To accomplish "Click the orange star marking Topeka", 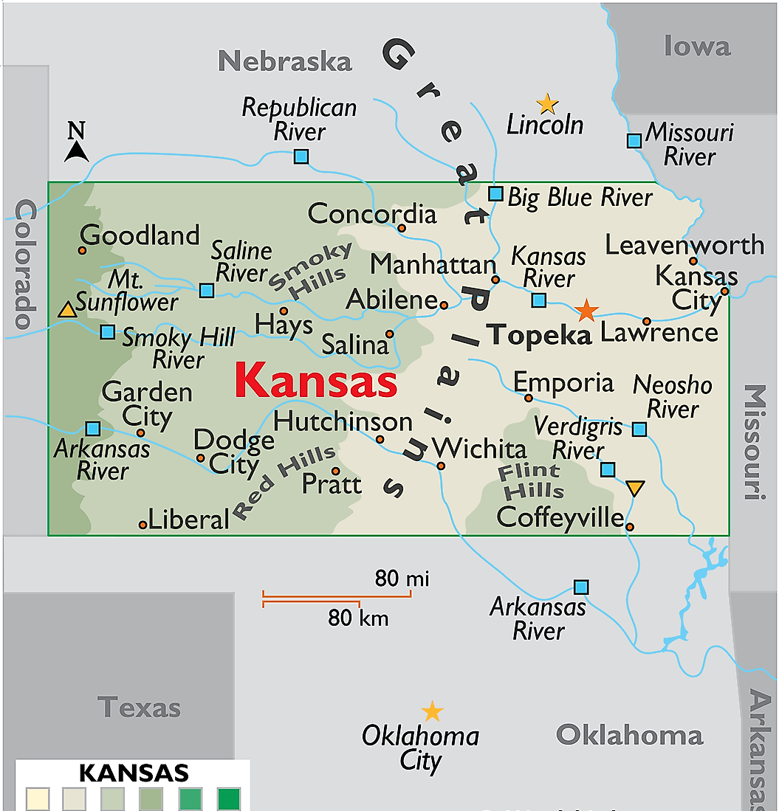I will click(x=586, y=311).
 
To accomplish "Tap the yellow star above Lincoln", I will click(x=546, y=103).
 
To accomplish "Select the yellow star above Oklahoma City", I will click(x=432, y=711).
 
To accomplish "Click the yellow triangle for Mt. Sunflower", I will click(x=67, y=310).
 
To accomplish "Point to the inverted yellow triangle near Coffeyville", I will click(x=634, y=488).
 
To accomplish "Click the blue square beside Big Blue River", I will click(x=496, y=194).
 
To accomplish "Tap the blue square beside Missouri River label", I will click(x=634, y=140).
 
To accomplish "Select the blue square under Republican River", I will click(x=301, y=156).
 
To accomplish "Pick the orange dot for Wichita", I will click(x=441, y=466).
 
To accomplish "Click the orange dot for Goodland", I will click(x=82, y=250).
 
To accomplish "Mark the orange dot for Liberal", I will click(x=143, y=525).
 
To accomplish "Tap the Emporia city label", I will click(x=563, y=382).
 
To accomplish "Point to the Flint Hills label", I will click(x=530, y=480).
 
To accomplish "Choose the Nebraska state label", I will click(x=285, y=61).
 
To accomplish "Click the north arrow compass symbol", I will click(x=77, y=143).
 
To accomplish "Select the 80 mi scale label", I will click(x=402, y=579).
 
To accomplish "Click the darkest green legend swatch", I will click(x=229, y=799).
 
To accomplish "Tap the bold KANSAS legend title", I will click(x=134, y=773).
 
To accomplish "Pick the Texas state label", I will click(x=139, y=708).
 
